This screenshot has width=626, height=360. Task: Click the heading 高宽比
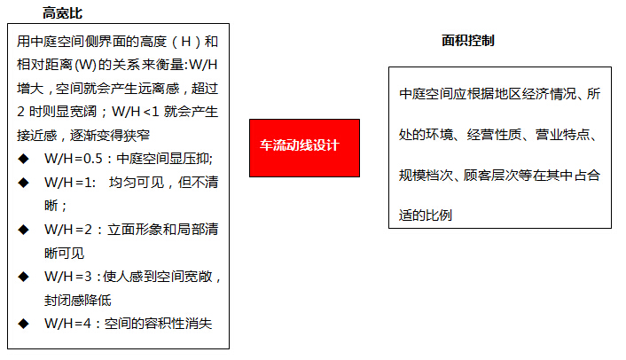point(62,13)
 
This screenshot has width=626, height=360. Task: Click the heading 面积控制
point(468,40)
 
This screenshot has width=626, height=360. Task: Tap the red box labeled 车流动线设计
point(305,148)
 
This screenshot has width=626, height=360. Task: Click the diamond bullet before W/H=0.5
point(24,159)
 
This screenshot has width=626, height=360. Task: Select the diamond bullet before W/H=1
point(24,183)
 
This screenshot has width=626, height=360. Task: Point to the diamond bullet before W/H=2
point(24,230)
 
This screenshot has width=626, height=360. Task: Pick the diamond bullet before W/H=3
point(24,276)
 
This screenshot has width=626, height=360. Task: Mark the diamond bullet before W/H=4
point(24,324)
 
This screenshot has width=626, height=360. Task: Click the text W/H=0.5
point(74,159)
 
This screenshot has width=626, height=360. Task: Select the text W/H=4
point(68,324)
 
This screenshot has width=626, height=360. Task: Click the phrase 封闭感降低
point(78,300)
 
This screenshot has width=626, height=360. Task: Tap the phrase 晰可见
point(64,253)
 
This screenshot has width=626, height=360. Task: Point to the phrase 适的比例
point(426,215)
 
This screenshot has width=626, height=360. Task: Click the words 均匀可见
point(137,183)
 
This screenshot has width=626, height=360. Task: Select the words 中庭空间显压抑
point(163,159)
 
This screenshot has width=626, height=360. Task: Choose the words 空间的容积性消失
point(158,324)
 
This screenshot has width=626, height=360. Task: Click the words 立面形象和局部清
point(163,230)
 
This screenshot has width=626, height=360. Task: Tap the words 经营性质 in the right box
point(494,135)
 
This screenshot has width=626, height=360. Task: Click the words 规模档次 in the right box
point(426,176)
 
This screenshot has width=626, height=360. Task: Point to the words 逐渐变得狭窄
point(110,136)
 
